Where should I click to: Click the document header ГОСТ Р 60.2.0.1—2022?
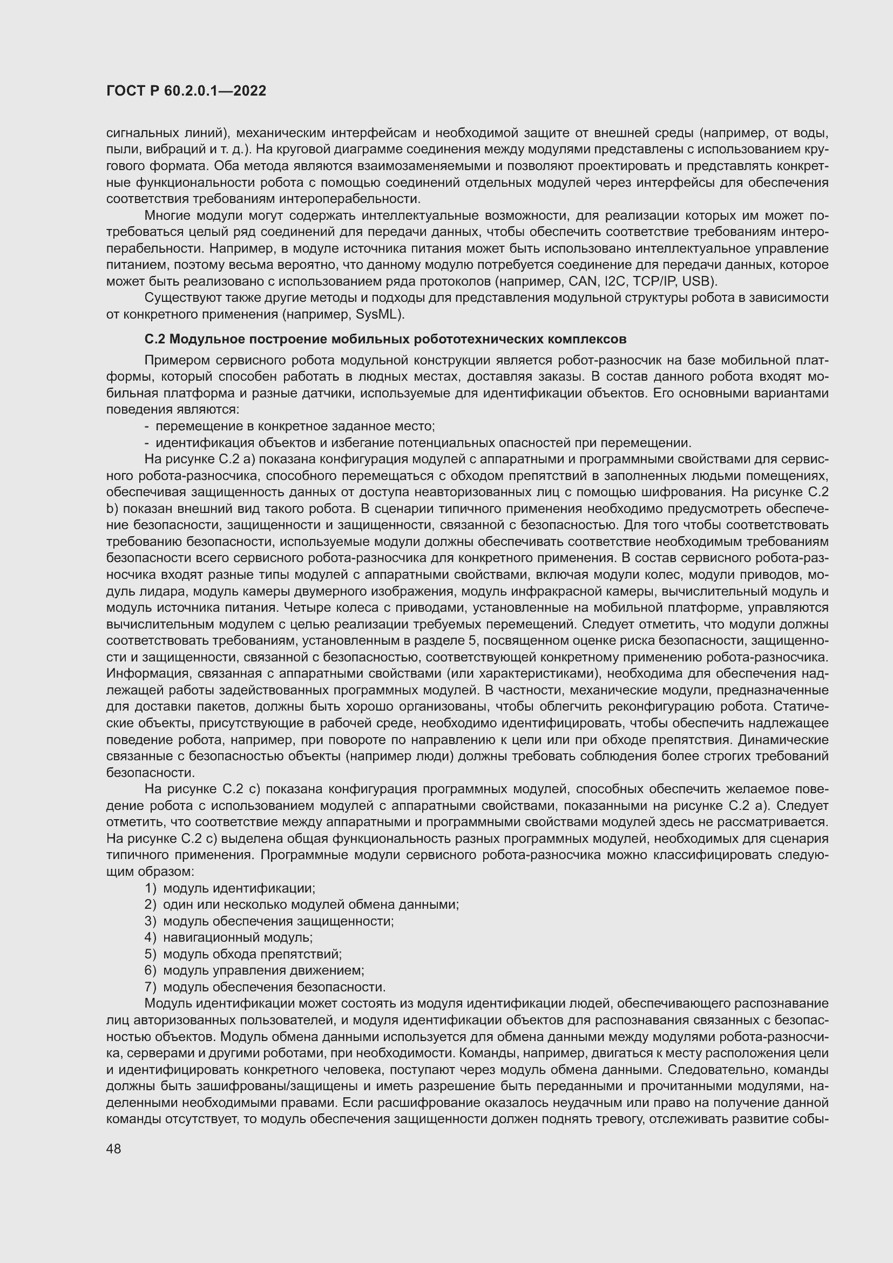tap(186, 91)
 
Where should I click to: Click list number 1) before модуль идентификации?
tap(151, 888)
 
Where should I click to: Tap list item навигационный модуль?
tap(238, 937)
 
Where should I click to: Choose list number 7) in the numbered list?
tap(151, 987)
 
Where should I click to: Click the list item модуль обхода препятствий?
tap(252, 954)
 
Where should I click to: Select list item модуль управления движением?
tap(263, 970)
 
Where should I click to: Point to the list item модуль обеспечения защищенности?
tap(278, 921)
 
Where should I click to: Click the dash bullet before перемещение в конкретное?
tap(147, 427)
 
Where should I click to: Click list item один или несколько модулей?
tap(310, 904)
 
